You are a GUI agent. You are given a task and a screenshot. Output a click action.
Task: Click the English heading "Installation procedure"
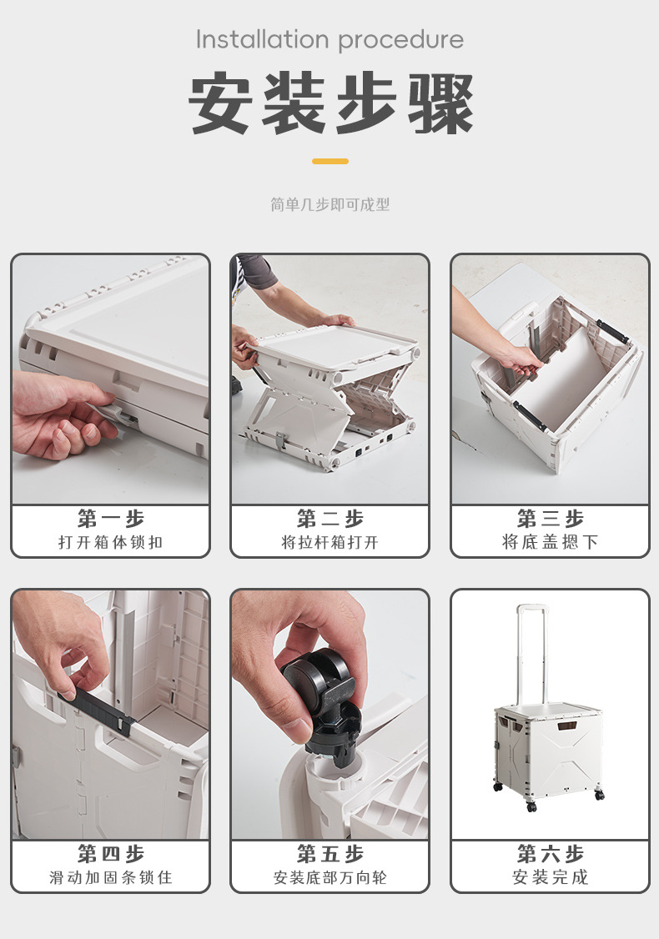329,40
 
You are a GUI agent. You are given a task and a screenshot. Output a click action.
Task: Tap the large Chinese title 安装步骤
330,103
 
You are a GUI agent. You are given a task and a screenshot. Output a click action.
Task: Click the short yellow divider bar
330,161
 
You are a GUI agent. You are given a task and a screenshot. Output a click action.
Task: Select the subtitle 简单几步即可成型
330,205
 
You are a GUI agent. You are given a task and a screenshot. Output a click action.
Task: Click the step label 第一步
111,519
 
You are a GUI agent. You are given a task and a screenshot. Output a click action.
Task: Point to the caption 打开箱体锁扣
111,543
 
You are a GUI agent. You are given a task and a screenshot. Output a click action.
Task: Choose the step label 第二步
330,519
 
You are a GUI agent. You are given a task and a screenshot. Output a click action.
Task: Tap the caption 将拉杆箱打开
330,543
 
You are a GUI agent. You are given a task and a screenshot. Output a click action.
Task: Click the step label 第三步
550,519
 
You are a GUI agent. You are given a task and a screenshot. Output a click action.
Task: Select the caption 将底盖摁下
550,543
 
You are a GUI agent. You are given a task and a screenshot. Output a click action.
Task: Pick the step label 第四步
111,853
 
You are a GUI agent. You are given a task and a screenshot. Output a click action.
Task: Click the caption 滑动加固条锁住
111,878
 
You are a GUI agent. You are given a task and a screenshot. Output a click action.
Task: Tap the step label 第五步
330,853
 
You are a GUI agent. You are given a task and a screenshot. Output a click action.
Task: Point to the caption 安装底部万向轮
330,878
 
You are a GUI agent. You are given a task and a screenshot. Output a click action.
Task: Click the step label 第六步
550,853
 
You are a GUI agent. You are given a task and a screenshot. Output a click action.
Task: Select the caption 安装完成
550,878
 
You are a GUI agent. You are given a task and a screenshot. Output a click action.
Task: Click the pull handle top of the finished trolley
532,608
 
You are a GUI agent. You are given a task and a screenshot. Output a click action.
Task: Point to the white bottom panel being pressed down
561,377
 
